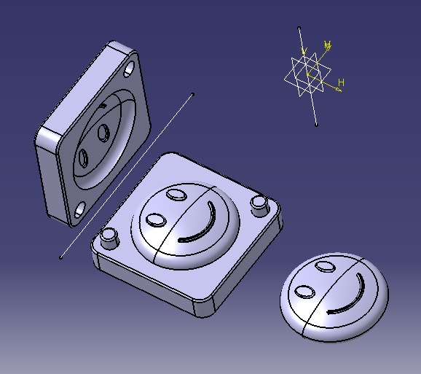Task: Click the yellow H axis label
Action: click(x=340, y=82)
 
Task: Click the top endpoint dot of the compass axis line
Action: click(x=299, y=28)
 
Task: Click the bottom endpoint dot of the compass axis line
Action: click(x=316, y=125)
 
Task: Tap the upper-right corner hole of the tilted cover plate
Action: click(x=130, y=71)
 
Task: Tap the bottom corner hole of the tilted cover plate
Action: click(x=79, y=212)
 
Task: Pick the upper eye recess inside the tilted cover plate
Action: click(x=103, y=133)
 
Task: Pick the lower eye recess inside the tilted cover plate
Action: click(x=83, y=156)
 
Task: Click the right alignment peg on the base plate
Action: click(x=259, y=205)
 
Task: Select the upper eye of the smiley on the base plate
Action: click(x=176, y=194)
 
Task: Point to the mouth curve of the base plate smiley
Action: click(x=205, y=225)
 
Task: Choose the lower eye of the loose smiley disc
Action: click(x=304, y=292)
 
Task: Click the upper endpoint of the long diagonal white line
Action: click(x=192, y=93)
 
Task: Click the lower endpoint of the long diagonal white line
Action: click(x=60, y=257)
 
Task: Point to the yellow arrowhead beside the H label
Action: click(x=337, y=90)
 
